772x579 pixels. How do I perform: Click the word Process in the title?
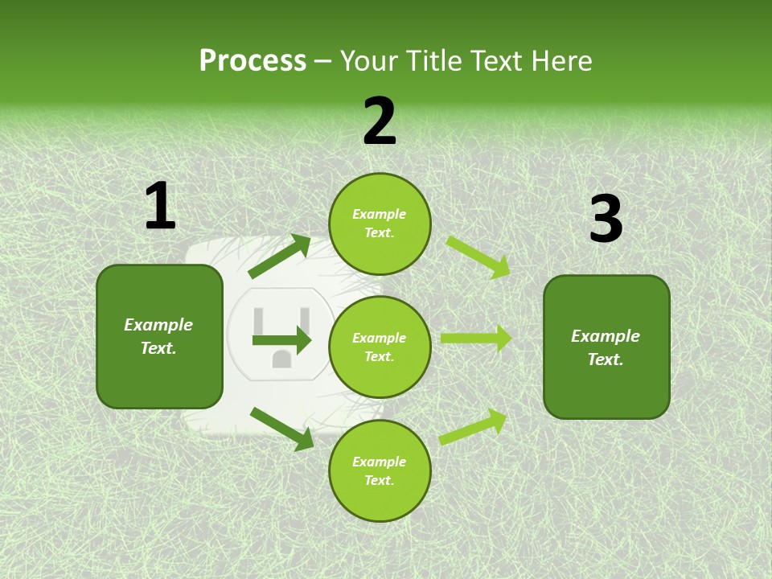pos(253,60)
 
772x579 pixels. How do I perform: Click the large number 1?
pos(160,207)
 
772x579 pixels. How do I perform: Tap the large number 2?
pos(380,121)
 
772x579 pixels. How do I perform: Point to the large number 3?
pos(606,220)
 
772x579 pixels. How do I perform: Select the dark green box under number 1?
pos(159,336)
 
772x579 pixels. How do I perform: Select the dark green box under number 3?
pos(606,347)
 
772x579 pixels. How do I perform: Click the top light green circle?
pos(380,224)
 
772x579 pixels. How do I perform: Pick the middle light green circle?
pos(380,347)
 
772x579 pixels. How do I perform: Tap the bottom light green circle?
pos(380,470)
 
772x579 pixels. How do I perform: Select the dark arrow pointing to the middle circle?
pos(281,340)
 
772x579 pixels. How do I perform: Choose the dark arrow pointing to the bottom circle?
pos(281,429)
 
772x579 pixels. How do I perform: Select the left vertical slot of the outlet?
pos(260,321)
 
